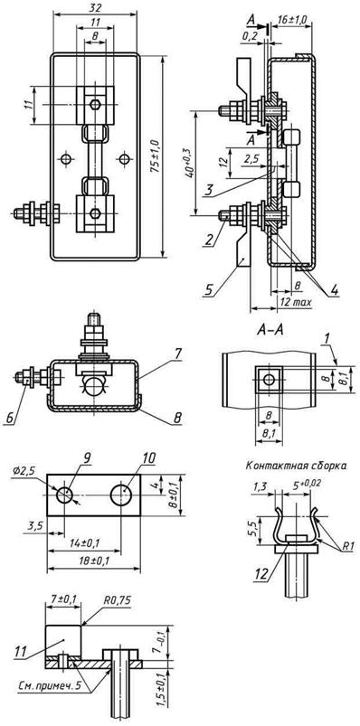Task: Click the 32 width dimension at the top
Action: click(x=96, y=7)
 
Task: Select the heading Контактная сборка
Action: click(x=296, y=467)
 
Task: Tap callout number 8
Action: click(x=177, y=418)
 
